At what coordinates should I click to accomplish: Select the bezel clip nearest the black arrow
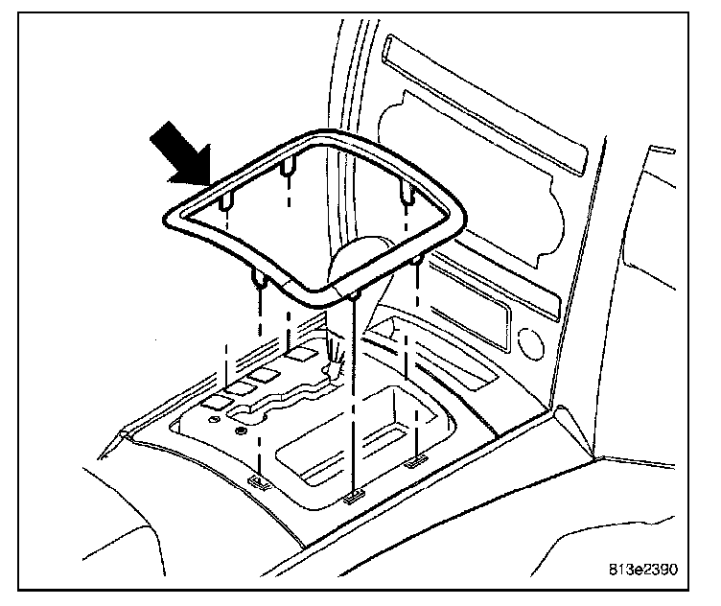(x=225, y=202)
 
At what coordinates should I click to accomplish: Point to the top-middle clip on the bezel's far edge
(x=288, y=170)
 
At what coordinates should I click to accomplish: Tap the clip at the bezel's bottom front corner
(x=353, y=295)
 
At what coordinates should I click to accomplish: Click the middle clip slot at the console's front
(x=353, y=497)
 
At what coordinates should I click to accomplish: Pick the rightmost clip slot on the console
(x=415, y=462)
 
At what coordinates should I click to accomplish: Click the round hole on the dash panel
(x=525, y=341)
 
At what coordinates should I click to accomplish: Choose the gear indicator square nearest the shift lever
(x=304, y=353)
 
